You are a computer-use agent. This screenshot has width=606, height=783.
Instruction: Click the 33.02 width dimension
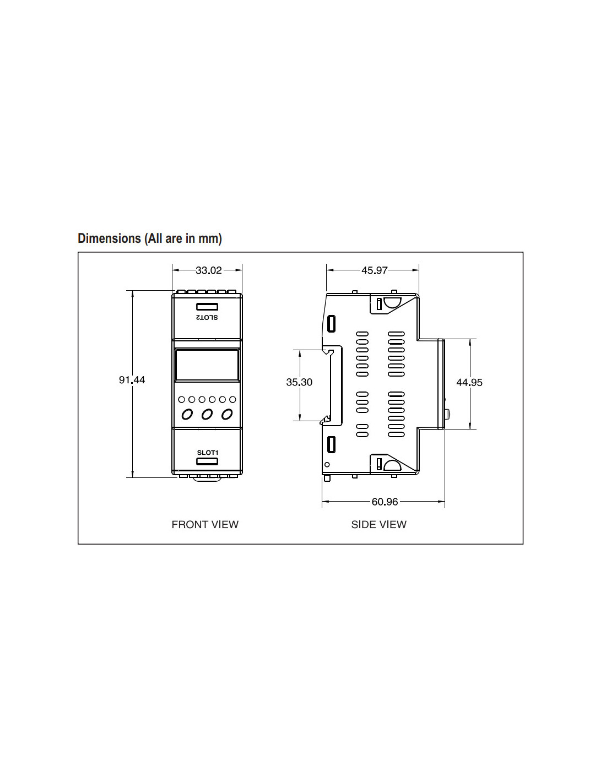click(209, 270)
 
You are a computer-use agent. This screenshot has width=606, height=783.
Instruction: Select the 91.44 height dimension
click(132, 380)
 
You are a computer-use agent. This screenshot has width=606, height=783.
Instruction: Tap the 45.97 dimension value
click(374, 270)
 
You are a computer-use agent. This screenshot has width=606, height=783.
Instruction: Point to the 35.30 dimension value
click(299, 382)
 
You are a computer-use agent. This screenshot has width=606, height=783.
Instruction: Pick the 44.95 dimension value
click(469, 382)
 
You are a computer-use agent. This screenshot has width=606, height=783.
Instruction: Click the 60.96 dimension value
click(385, 502)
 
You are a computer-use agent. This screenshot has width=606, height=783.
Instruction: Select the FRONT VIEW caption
click(205, 524)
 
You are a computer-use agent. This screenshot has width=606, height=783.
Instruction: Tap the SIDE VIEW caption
click(379, 524)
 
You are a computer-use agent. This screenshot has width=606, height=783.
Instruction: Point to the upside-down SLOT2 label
click(207, 318)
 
